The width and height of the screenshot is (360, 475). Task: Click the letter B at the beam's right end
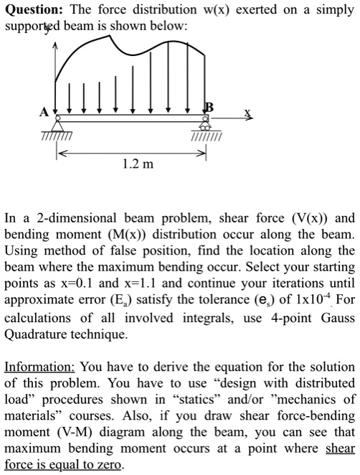coord(209,107)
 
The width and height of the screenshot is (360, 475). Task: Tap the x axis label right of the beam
coord(247,113)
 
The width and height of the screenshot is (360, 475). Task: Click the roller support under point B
coord(207,126)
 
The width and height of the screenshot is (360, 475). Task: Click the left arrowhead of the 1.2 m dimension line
coord(62,153)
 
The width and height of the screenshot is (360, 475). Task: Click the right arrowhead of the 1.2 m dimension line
coord(203,153)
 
